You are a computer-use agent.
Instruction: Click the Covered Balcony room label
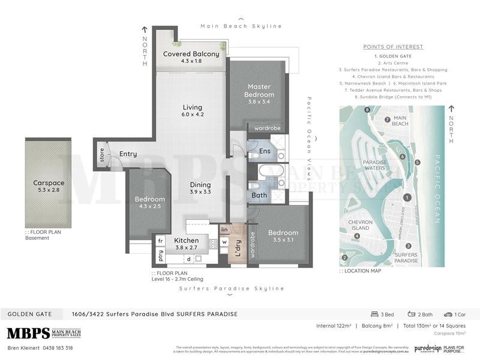(191, 57)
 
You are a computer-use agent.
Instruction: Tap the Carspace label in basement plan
(49, 187)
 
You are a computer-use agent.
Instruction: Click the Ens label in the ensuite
(265, 151)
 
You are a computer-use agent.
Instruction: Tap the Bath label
(259, 195)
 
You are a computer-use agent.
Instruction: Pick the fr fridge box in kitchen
(160, 240)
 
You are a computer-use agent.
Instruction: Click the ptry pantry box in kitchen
(160, 256)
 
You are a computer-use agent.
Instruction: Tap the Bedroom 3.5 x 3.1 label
(283, 236)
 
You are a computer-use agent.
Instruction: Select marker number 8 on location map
(367, 109)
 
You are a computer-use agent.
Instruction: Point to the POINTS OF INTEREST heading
(393, 47)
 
